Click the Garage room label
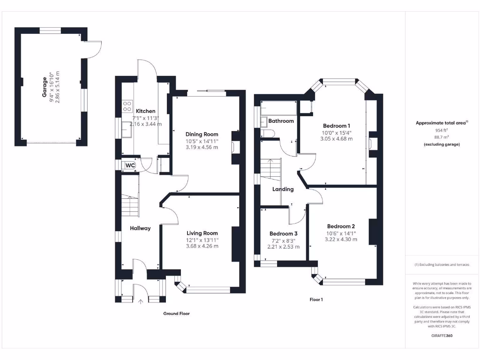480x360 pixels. pos(45,87)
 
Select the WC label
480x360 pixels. pos(130,165)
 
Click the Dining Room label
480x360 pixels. pos(202,134)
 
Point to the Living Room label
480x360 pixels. pos(202,233)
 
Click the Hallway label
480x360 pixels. pos(140,228)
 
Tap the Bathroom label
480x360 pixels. pos(281,121)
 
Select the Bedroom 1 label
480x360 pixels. pos(336,126)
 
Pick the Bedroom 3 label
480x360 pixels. pos(283,233)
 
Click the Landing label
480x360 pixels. pos(283,189)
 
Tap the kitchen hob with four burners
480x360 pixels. pos(127,106)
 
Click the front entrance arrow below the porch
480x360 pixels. pos(140,302)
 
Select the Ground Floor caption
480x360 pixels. pos(176,313)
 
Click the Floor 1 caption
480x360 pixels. pos(316,299)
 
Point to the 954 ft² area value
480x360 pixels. pos(442,130)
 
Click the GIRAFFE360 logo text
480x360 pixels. pos(442,336)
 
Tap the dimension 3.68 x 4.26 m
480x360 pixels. pos(202,246)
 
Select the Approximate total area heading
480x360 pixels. pos(442,123)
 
